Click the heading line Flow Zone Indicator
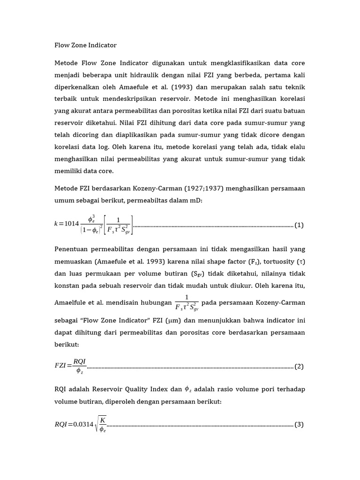click(x=85, y=45)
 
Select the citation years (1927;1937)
click(x=193, y=188)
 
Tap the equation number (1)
click(x=299, y=225)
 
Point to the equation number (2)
click(x=299, y=367)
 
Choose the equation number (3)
click(x=299, y=425)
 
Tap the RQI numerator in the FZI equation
click(x=80, y=360)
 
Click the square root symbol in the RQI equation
click(x=97, y=425)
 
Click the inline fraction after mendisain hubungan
click(x=187, y=303)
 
